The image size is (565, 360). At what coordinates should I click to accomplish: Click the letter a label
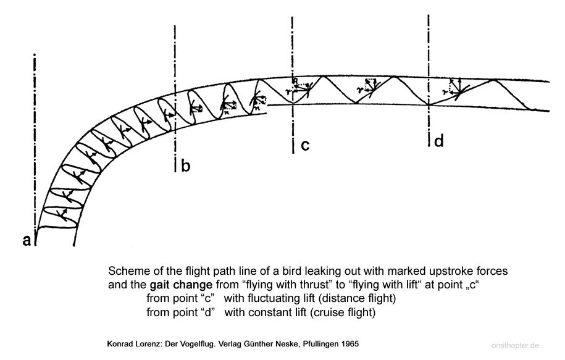pos(27,241)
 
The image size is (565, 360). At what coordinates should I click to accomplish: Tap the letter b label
pos(186,165)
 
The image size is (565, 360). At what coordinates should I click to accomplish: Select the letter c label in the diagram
pos(304,146)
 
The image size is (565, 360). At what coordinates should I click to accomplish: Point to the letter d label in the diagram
pos(438,141)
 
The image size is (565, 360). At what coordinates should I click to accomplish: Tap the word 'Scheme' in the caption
pos(127,272)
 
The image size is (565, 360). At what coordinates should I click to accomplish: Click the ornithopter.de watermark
pos(525,346)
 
